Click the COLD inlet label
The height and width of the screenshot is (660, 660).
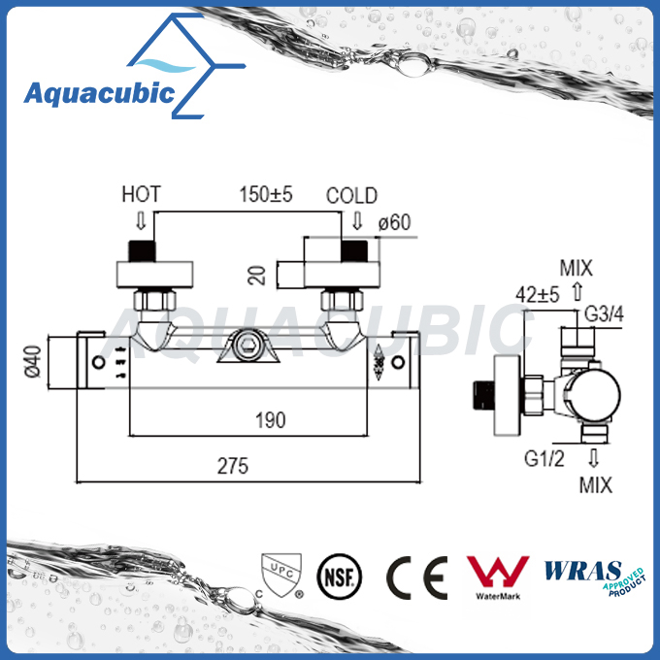tap(351, 195)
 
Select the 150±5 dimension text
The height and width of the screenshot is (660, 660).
tap(267, 195)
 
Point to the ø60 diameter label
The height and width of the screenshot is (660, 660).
tap(395, 223)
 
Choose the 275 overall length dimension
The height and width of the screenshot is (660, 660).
tap(233, 466)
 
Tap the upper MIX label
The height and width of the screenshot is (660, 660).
tap(576, 268)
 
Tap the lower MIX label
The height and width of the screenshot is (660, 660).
tap(595, 485)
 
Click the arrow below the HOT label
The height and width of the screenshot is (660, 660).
tap(139, 218)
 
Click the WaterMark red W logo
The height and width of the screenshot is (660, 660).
tap(497, 573)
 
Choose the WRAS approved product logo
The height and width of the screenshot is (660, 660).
tap(593, 575)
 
